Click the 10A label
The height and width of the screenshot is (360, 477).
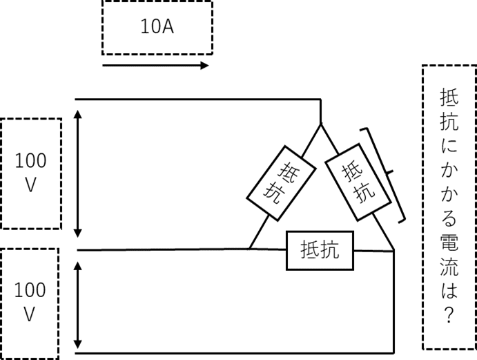point(157,26)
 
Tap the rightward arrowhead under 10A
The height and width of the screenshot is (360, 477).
point(204,65)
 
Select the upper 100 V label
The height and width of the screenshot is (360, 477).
point(30,172)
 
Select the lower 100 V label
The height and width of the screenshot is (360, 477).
point(30,302)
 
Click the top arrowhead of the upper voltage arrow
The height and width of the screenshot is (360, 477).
point(78,114)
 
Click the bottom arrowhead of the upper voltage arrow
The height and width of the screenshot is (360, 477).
point(78,234)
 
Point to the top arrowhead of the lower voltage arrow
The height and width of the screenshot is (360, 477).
point(78,265)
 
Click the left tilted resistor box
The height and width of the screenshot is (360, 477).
point(281,183)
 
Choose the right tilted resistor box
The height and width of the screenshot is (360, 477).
point(358,182)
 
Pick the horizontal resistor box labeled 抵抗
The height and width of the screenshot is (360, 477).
point(320,250)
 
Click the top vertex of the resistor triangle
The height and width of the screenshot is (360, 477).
point(320,124)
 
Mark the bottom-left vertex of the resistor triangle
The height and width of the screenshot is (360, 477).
point(249,249)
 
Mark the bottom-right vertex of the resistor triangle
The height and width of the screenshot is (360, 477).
point(394,250)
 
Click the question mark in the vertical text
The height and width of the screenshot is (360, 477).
point(449,314)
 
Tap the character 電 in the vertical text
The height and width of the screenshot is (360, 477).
point(449,243)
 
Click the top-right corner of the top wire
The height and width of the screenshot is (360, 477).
point(320,100)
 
